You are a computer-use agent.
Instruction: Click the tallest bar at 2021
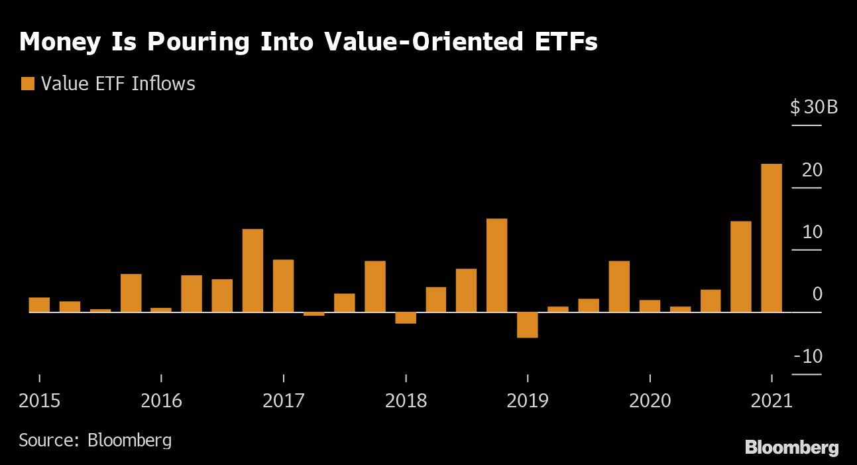[x=771, y=237]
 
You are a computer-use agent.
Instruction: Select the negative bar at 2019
[x=528, y=325]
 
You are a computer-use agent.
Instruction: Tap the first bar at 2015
[x=40, y=304]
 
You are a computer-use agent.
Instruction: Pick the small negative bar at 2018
[x=406, y=318]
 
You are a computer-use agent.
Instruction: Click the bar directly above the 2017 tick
[x=283, y=285]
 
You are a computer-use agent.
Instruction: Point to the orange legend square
[x=28, y=84]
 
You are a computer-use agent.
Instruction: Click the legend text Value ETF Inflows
[x=118, y=84]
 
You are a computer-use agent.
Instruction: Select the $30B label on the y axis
[x=813, y=107]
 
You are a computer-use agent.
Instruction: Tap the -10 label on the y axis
[x=808, y=356]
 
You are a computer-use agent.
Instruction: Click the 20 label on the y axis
[x=812, y=170]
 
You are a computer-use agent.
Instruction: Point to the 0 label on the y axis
[x=817, y=294]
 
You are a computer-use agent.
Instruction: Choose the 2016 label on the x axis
[x=162, y=401]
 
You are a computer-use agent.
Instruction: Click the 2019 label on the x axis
[x=528, y=401]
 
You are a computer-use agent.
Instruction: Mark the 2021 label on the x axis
[x=771, y=401]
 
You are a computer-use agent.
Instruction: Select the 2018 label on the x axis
[x=406, y=401]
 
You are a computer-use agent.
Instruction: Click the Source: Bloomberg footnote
[x=95, y=440]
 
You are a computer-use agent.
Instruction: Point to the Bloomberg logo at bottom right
[x=791, y=448]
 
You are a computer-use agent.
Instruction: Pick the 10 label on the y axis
[x=812, y=232]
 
